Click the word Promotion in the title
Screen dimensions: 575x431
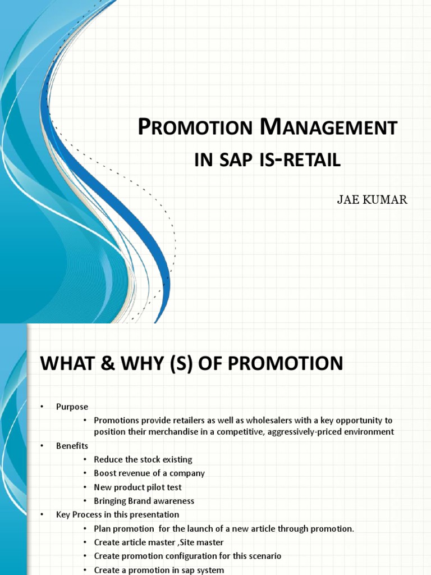(x=195, y=128)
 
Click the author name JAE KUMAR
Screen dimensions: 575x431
(x=372, y=200)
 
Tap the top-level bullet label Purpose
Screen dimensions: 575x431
(x=72, y=407)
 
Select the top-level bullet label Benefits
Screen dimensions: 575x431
(x=72, y=446)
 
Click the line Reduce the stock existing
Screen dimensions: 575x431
(x=143, y=459)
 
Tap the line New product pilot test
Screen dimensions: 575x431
(x=137, y=487)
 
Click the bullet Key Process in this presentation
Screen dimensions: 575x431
(x=117, y=514)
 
